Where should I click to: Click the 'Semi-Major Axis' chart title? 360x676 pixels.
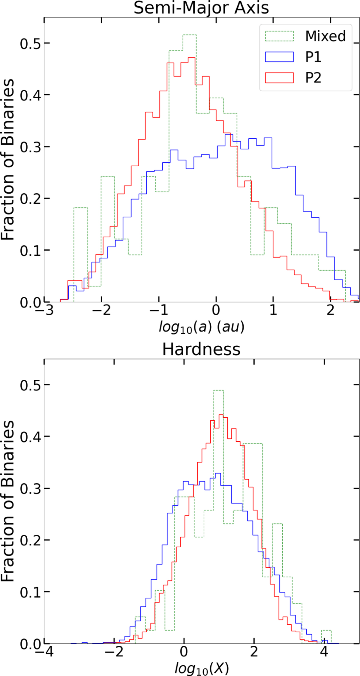click(x=201, y=8)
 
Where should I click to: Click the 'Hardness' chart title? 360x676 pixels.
click(x=201, y=350)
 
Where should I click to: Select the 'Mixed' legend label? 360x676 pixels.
click(x=325, y=36)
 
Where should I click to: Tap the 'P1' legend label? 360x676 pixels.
click(x=313, y=57)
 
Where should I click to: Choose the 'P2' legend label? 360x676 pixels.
click(x=313, y=78)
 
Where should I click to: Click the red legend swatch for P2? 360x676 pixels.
click(x=279, y=78)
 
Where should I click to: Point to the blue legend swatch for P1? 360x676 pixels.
click(x=279, y=57)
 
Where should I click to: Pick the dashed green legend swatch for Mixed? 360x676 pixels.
click(x=279, y=36)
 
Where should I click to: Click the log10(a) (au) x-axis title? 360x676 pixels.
click(x=201, y=327)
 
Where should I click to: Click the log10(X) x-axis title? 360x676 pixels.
click(x=202, y=668)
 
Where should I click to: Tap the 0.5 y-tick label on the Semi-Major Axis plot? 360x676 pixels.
click(x=30, y=44)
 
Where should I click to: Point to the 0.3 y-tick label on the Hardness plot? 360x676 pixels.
click(x=30, y=488)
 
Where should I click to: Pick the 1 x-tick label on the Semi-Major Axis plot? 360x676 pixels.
click(x=273, y=310)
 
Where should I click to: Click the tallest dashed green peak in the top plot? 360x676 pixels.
click(x=190, y=35)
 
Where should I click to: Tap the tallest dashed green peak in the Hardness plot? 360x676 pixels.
click(x=218, y=391)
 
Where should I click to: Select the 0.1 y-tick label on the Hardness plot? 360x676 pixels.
click(x=30, y=592)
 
